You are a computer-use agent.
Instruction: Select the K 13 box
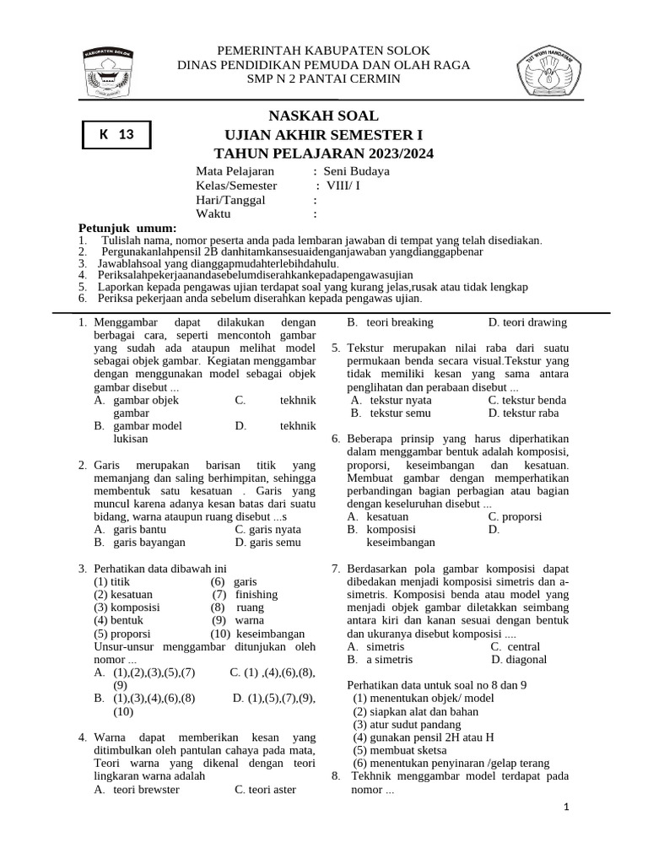(116, 134)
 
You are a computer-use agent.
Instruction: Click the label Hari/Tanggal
(230, 200)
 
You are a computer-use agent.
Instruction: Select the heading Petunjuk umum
(127, 229)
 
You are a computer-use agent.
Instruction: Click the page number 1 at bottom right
(567, 807)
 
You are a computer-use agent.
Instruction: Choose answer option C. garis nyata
(267, 529)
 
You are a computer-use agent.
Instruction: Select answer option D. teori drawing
(527, 322)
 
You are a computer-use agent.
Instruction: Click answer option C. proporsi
(515, 516)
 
